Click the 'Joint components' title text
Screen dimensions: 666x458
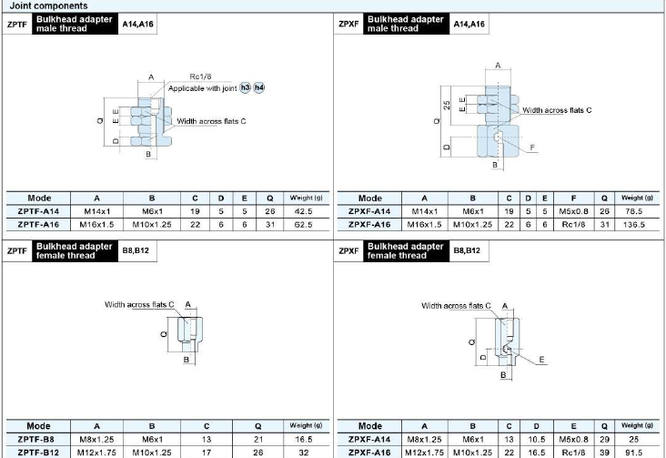48,6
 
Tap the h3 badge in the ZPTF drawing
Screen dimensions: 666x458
245,87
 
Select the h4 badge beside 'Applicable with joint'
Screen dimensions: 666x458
258,87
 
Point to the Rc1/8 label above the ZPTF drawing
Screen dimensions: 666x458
200,76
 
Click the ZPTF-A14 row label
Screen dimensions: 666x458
38,211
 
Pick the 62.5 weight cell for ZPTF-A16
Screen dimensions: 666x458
303,225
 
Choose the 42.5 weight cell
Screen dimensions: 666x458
303,211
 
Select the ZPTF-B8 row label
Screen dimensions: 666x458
36,439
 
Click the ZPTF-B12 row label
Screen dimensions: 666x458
38,453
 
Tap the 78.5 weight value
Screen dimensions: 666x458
634,211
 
